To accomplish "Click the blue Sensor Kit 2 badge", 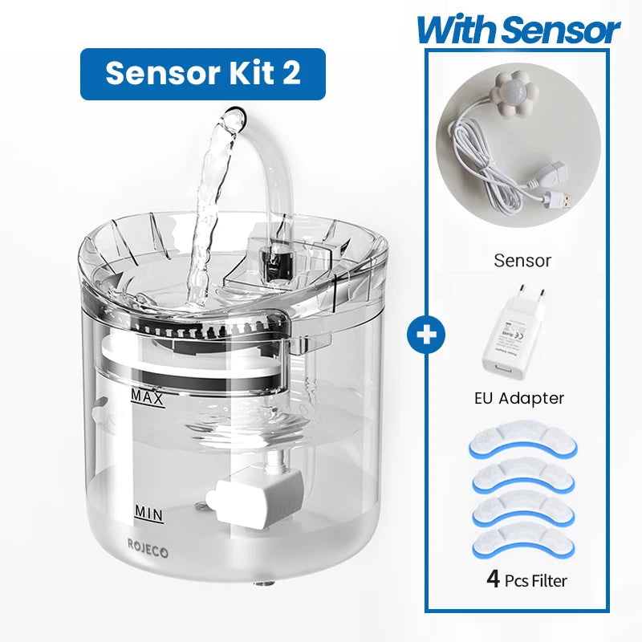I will click(202, 74).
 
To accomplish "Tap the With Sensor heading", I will click(518, 30).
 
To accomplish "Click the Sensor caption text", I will click(522, 260).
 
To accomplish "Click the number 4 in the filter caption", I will click(494, 579).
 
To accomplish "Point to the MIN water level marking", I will click(148, 511).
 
